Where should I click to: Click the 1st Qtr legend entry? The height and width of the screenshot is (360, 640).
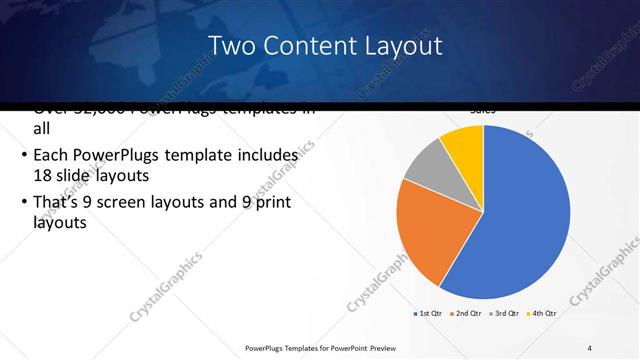pyautogui.click(x=428, y=313)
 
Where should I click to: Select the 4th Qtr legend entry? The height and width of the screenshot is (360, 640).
pyautogui.click(x=541, y=313)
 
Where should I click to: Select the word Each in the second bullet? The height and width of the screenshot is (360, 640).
pyautogui.click(x=52, y=156)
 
